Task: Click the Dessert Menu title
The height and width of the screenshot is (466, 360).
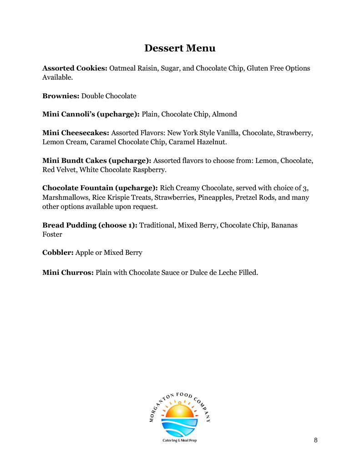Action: click(180, 48)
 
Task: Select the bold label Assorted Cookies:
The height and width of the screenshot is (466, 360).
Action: click(75, 68)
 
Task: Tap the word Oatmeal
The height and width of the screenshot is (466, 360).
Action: click(122, 68)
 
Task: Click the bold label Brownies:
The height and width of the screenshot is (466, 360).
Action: click(61, 96)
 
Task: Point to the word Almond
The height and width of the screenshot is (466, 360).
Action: click(224, 114)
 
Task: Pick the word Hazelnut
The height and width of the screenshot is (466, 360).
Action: click(211, 142)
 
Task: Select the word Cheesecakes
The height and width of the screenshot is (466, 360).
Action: click(85, 133)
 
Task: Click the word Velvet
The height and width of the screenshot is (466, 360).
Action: click(67, 170)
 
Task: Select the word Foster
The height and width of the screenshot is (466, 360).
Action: click(52, 234)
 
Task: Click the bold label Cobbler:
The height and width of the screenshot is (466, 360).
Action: click(58, 253)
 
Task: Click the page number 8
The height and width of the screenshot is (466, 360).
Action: click(315, 440)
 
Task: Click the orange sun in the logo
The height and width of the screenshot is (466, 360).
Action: click(180, 411)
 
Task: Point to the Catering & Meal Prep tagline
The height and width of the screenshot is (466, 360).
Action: click(180, 441)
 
